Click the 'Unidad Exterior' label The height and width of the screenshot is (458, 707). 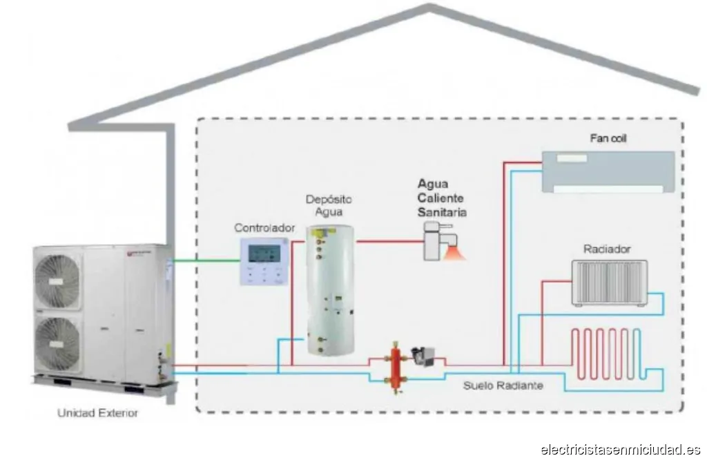point(97,413)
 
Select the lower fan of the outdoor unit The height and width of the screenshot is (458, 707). point(59,342)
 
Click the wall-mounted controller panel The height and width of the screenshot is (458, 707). point(263,262)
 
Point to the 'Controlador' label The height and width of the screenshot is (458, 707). point(264,227)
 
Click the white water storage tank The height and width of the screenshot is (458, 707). point(330,290)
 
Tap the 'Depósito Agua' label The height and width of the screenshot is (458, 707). point(324,206)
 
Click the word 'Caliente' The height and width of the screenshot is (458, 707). point(441,198)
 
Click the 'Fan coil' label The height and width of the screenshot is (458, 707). point(608,139)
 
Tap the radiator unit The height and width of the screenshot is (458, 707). point(609,283)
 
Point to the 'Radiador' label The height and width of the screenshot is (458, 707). point(607,249)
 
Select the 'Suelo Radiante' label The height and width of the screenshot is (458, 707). point(503,385)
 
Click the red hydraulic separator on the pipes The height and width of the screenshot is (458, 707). point(396,365)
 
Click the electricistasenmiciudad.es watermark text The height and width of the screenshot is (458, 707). point(621,449)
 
